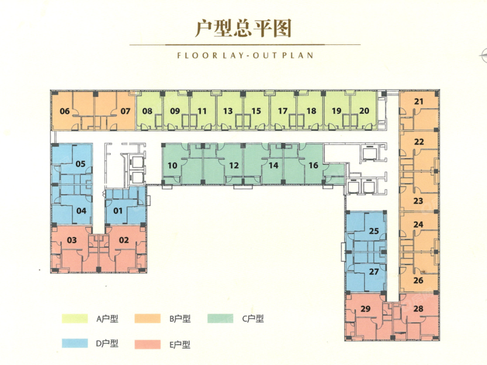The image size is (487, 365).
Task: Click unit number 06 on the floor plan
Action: tap(65, 111)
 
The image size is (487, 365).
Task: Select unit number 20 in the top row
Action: tap(364, 111)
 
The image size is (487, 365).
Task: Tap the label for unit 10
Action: tap(172, 165)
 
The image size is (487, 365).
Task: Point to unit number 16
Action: tap(314, 165)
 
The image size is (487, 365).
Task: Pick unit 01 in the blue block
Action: tap(118, 211)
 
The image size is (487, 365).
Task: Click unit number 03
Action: tap(72, 240)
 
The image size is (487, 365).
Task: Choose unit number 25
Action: tap(374, 231)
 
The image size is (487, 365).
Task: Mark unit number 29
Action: tap(366, 309)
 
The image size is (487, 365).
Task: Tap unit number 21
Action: tap(419, 101)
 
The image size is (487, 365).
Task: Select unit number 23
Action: tap(418, 201)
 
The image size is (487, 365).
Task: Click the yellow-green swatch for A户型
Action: tap(74, 319)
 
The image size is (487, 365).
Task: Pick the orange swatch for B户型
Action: tap(147, 319)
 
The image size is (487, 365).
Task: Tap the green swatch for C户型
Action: tap(220, 318)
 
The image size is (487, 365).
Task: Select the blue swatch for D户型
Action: tap(74, 343)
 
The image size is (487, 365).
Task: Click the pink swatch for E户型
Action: tap(147, 344)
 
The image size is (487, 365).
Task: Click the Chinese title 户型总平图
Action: tap(243, 29)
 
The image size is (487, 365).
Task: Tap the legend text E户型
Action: tap(180, 344)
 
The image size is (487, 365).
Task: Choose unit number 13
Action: tap(228, 111)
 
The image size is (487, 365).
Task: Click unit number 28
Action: tap(418, 308)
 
